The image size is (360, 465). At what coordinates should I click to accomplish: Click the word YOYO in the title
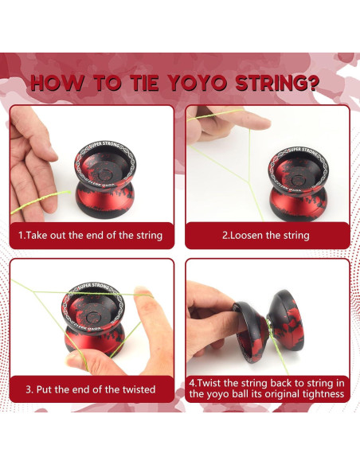[198, 83]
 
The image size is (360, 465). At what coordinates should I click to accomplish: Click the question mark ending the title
[311, 83]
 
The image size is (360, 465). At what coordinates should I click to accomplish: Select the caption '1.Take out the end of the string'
[90, 236]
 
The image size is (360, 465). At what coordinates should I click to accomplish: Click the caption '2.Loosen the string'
[266, 236]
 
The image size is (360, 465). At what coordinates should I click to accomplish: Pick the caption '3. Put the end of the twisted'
[91, 389]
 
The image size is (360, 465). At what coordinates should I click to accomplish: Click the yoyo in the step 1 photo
[104, 180]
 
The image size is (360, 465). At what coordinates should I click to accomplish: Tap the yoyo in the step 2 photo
[298, 184]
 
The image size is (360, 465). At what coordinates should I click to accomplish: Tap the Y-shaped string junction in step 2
[248, 182]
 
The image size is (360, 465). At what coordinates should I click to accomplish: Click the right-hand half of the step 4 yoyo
[287, 320]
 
